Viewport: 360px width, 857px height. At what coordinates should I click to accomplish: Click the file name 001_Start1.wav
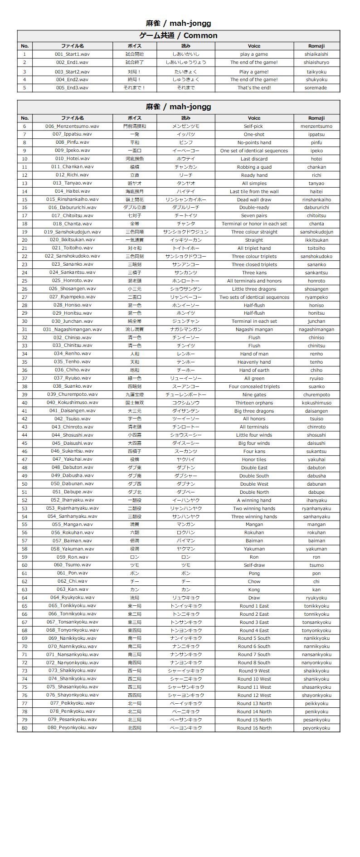pyautogui.click(x=72, y=54)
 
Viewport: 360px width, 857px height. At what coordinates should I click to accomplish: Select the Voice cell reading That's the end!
pyautogui.click(x=254, y=88)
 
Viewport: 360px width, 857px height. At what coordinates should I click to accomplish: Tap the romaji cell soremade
pyautogui.click(x=316, y=88)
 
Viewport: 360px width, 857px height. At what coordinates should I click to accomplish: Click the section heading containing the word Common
pyautogui.click(x=178, y=35)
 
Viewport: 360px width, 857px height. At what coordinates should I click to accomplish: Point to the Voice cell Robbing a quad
pyautogui.click(x=254, y=167)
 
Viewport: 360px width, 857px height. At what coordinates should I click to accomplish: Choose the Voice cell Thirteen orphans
pyautogui.click(x=254, y=403)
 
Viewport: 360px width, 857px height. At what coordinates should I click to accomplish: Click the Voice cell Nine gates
pyautogui.click(x=254, y=394)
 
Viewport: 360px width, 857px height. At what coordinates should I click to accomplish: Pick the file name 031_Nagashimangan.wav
pyautogui.click(x=72, y=330)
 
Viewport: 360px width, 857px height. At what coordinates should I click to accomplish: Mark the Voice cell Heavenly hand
pyautogui.click(x=254, y=362)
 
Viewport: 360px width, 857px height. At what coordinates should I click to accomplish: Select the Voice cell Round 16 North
pyautogui.click(x=254, y=728)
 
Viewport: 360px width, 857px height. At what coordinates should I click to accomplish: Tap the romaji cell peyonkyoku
pyautogui.click(x=316, y=728)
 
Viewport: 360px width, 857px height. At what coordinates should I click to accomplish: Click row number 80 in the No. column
pyautogui.click(x=24, y=728)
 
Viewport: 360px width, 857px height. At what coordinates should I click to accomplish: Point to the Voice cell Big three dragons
pyautogui.click(x=254, y=411)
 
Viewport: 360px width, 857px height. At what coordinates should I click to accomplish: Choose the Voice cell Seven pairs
pyautogui.click(x=254, y=216)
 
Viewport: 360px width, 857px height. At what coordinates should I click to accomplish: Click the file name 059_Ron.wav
pyautogui.click(x=72, y=557)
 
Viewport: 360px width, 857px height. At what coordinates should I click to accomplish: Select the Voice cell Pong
pyautogui.click(x=254, y=573)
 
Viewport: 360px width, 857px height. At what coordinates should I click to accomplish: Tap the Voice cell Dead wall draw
pyautogui.click(x=254, y=200)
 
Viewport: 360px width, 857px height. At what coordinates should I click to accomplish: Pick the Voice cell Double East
pyautogui.click(x=254, y=467)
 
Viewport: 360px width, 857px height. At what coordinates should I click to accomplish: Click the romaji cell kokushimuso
pyautogui.click(x=316, y=403)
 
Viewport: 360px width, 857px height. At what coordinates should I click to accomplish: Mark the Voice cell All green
pyautogui.click(x=254, y=378)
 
